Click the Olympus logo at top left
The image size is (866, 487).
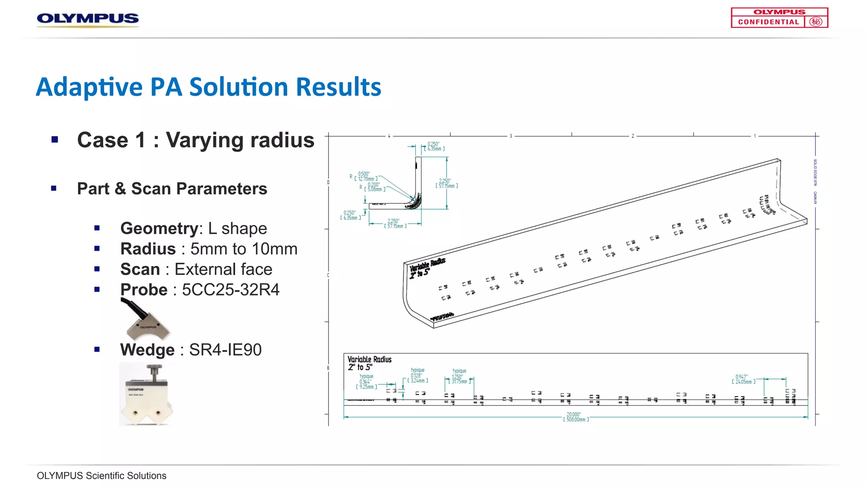[x=88, y=19]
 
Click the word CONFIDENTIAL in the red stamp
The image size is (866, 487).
[x=768, y=22]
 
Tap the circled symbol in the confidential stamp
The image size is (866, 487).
[x=816, y=22]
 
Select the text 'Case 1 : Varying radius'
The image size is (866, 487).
[x=195, y=140]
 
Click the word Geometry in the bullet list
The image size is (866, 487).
[x=159, y=228]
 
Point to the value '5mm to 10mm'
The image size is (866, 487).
[x=244, y=249]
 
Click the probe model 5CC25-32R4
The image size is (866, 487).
[x=230, y=290]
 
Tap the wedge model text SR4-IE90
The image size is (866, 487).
[x=225, y=350]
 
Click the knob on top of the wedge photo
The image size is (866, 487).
[x=154, y=372]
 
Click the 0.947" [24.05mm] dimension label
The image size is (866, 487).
[x=743, y=379]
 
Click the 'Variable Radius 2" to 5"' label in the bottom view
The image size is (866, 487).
[x=369, y=363]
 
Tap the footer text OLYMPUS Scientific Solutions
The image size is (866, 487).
[x=101, y=476]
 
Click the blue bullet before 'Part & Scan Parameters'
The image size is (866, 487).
[x=54, y=189]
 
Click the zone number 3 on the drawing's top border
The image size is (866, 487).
[x=510, y=136]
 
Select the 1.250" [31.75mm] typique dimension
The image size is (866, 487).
[x=459, y=379]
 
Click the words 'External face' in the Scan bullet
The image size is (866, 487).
[x=223, y=269]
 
